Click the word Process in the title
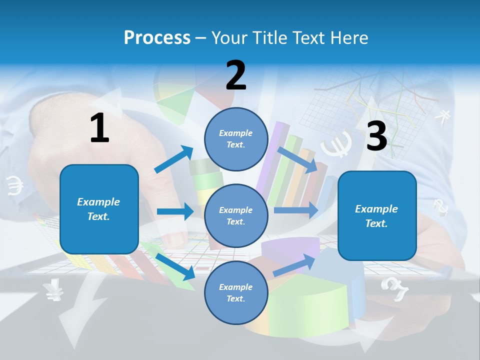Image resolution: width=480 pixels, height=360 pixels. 157,38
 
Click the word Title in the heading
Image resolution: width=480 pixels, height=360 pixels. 269,38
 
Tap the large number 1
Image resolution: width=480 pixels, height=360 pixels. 99,128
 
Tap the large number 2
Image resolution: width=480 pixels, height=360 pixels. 236,75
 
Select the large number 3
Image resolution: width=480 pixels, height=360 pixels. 376,136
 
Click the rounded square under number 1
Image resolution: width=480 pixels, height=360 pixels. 99,209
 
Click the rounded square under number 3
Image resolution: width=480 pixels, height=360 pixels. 377,215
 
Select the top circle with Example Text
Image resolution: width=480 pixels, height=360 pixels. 236,139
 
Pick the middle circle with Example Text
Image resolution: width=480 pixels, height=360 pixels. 236,215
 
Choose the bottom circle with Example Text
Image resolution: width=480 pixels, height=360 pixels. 236,292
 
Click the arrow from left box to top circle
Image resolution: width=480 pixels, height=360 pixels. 174,159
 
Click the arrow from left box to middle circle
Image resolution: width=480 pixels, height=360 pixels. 175,211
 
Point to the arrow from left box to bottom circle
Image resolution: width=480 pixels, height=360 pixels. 175,266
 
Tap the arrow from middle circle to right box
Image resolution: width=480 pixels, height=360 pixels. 296,210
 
